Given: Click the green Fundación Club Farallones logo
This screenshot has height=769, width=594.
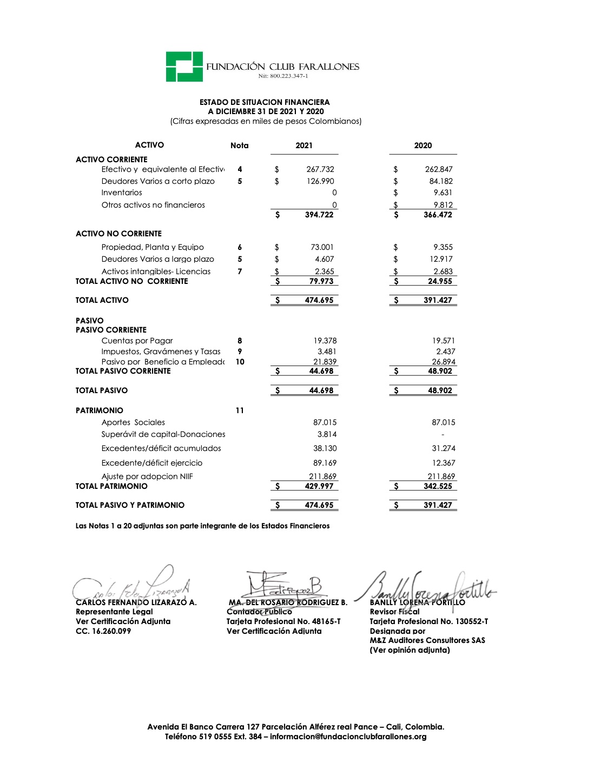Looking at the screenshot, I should coord(184,67).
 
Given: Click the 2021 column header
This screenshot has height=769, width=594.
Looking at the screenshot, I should coord(304,145).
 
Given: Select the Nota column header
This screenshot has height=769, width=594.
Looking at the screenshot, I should coord(240,145).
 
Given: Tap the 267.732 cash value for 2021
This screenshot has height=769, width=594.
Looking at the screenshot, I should coord(320,169).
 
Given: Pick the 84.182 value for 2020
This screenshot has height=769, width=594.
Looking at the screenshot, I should coord(441,181).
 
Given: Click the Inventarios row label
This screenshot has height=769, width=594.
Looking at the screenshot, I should coord(122,193).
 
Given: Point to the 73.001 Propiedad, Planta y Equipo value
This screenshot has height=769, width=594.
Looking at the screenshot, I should coord(322,247).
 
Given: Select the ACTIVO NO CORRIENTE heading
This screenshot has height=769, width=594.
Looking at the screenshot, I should coord(118,234).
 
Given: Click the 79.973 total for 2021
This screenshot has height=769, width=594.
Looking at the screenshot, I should coord(321,281).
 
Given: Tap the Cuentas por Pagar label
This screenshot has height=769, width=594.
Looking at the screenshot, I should coord(137,341).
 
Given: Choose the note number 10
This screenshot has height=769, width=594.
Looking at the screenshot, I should coord(240,362).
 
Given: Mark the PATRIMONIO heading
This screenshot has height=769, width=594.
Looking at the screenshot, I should coord(99,410).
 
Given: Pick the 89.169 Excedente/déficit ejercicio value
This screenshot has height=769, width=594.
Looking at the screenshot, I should coord(325,463).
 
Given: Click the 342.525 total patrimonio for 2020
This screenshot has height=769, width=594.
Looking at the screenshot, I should coord(438,486).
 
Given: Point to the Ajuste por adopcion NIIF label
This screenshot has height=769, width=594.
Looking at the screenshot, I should coord(147,476).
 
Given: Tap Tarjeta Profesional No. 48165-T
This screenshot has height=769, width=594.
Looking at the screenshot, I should coord(283,621).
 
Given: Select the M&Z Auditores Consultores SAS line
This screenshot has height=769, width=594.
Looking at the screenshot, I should coord(427,640).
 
